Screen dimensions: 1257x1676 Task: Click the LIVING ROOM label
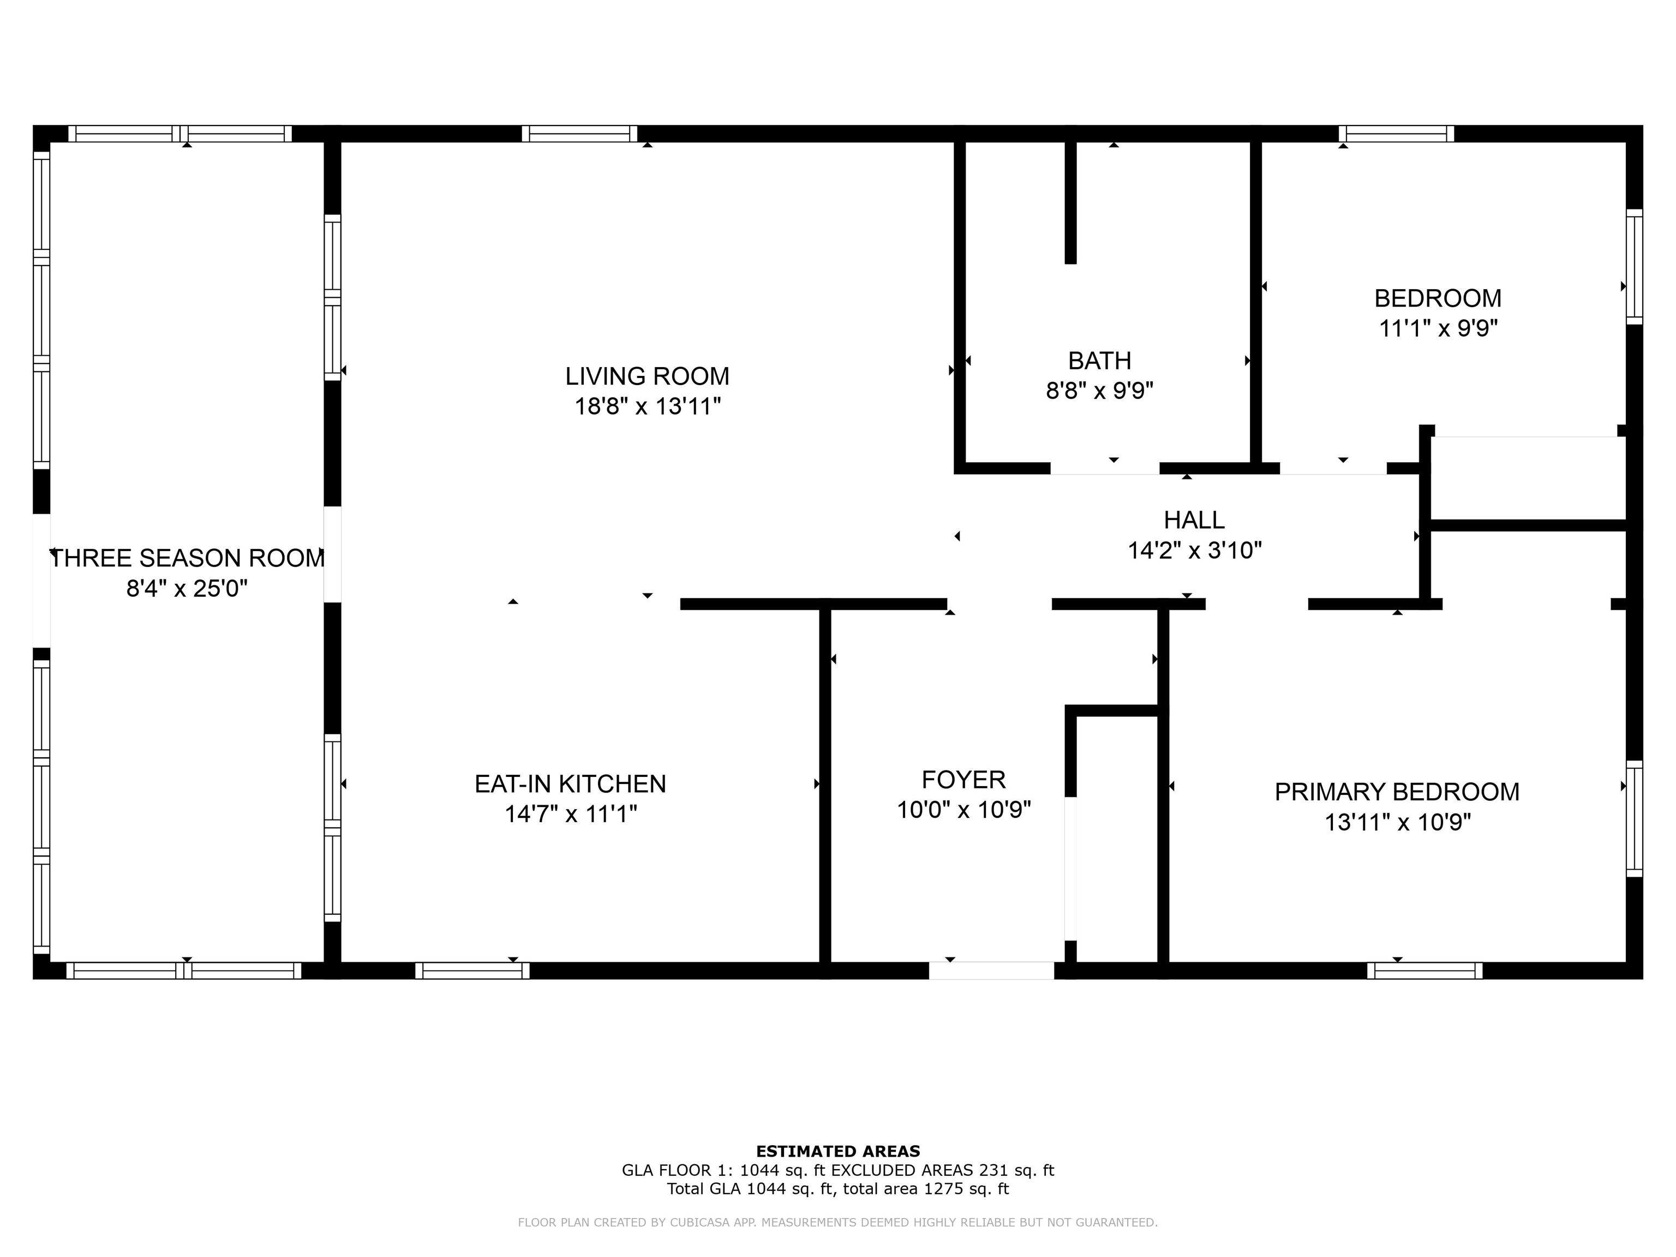pyautogui.click(x=647, y=376)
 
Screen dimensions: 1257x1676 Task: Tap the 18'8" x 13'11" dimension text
pyautogui.click(x=647, y=407)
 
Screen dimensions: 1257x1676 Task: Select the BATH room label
pyautogui.click(x=1099, y=360)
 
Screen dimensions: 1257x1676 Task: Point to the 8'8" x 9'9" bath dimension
pyautogui.click(x=1099, y=391)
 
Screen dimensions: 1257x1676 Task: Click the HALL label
pyautogui.click(x=1194, y=520)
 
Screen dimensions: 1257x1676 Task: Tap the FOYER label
pyautogui.click(x=963, y=780)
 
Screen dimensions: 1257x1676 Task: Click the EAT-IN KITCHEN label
pyautogui.click(x=570, y=784)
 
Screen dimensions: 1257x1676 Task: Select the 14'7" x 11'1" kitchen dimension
pyautogui.click(x=570, y=815)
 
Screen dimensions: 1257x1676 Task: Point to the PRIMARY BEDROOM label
pyautogui.click(x=1397, y=792)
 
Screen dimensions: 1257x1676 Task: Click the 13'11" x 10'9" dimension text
pyautogui.click(x=1397, y=823)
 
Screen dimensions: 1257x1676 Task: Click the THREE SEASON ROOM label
pyautogui.click(x=187, y=559)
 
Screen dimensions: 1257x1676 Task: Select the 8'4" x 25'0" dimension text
pyautogui.click(x=187, y=589)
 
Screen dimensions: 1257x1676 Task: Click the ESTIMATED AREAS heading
pyautogui.click(x=837, y=1152)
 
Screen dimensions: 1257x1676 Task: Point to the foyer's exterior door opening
pyautogui.click(x=991, y=971)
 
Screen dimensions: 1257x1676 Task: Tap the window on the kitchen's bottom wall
pyautogui.click(x=472, y=971)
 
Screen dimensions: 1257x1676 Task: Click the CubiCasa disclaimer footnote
pyautogui.click(x=837, y=1222)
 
